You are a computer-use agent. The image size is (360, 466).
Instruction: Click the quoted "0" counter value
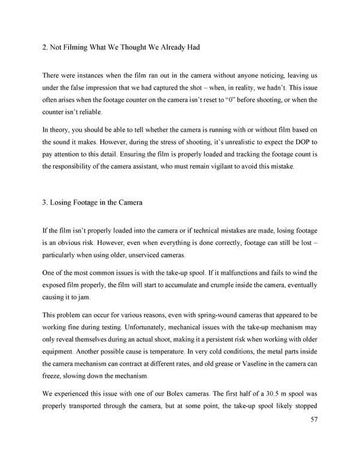(x=243, y=100)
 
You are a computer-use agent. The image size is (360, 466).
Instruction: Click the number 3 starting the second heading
(x=44, y=202)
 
